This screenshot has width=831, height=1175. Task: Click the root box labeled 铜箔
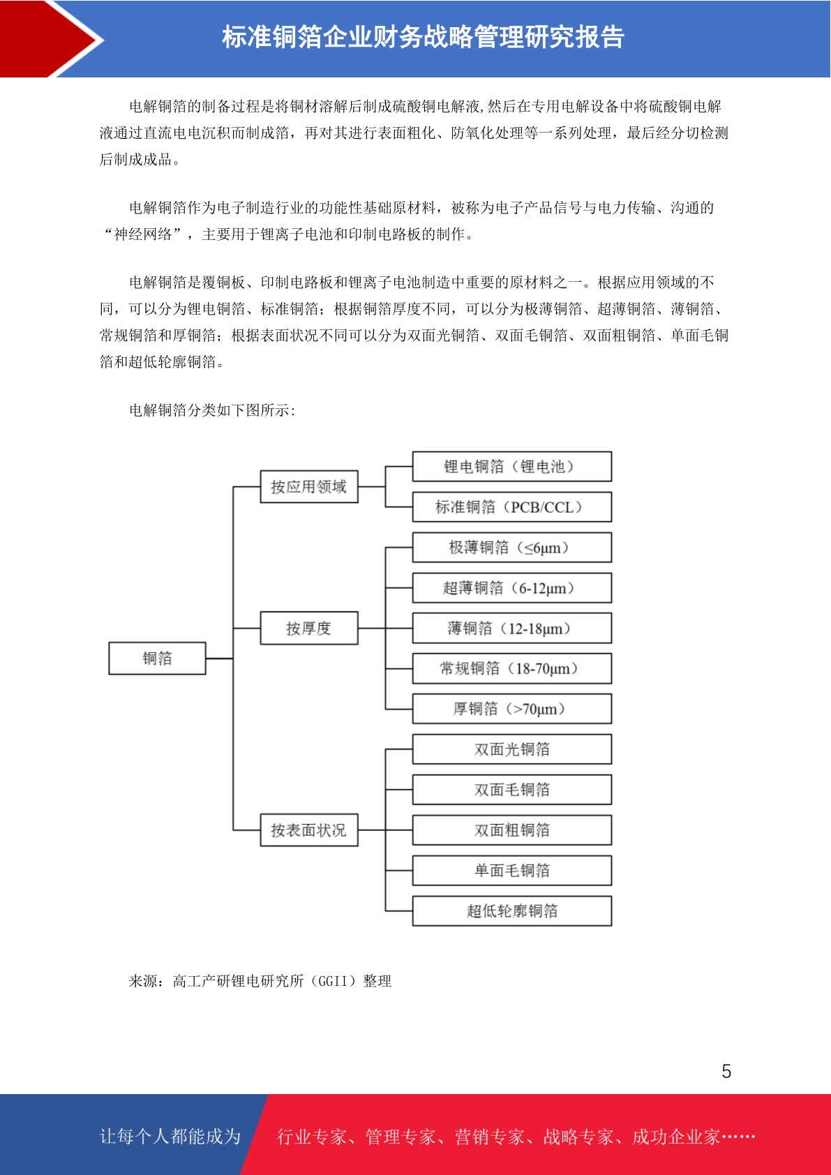click(157, 658)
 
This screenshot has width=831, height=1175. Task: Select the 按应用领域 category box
click(309, 486)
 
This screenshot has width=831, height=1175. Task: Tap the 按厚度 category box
click(309, 628)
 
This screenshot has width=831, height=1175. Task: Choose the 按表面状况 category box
click(309, 830)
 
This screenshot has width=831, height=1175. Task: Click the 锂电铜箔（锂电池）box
click(512, 466)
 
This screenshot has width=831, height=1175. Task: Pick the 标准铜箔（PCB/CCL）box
click(512, 507)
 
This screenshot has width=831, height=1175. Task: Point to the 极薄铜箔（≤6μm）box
click(512, 547)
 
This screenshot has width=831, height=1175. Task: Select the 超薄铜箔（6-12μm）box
click(512, 587)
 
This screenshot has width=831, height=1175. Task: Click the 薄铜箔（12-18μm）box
click(512, 628)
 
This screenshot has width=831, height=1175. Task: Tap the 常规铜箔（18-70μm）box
click(512, 668)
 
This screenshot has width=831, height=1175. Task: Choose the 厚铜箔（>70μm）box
click(512, 709)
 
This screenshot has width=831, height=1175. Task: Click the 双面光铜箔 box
click(512, 749)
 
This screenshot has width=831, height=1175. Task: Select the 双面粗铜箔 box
click(512, 830)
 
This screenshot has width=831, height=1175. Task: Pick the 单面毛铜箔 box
click(512, 870)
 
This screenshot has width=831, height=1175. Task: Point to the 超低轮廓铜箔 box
click(512, 911)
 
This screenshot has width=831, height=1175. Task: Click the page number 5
click(726, 1071)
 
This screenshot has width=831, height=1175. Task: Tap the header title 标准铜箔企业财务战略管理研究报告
click(423, 37)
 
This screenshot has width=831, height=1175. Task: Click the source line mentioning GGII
click(260, 981)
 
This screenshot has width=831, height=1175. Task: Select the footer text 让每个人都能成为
click(170, 1136)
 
